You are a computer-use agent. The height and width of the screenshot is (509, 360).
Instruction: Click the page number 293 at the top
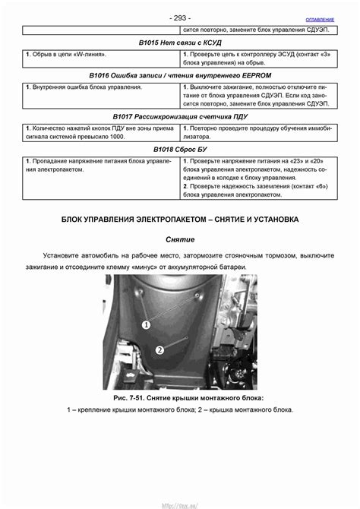[x=180, y=17]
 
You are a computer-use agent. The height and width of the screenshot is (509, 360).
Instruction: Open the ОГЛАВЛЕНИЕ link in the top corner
[x=319, y=17]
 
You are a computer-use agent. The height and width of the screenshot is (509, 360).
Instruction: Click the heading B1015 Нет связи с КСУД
[x=179, y=43]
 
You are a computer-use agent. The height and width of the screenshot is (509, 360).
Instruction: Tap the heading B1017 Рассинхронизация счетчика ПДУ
[x=179, y=118]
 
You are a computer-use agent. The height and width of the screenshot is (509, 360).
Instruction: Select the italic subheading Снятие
[x=180, y=239]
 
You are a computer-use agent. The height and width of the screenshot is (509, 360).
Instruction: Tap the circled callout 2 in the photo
[x=160, y=351]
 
